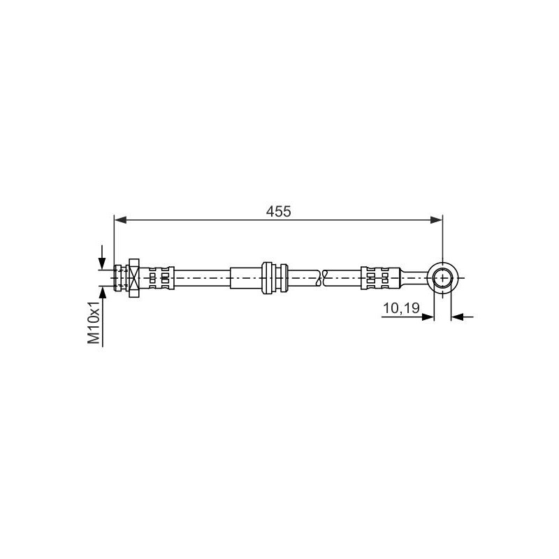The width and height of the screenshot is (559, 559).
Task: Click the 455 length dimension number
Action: (x=278, y=212)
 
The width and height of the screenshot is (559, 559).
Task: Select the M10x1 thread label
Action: (x=94, y=322)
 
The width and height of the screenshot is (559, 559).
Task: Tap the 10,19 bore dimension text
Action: (x=401, y=308)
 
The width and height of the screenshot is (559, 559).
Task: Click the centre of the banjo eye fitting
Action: (x=442, y=277)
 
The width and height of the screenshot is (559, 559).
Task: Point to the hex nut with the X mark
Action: (x=134, y=278)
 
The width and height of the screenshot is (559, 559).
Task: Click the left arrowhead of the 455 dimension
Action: (x=120, y=220)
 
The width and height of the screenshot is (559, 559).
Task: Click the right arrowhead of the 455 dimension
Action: (x=436, y=220)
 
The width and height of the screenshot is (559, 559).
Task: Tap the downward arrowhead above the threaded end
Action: (x=102, y=263)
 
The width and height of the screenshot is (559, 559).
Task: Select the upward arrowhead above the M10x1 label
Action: (x=102, y=292)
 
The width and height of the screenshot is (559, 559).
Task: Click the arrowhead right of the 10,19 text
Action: (x=428, y=317)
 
